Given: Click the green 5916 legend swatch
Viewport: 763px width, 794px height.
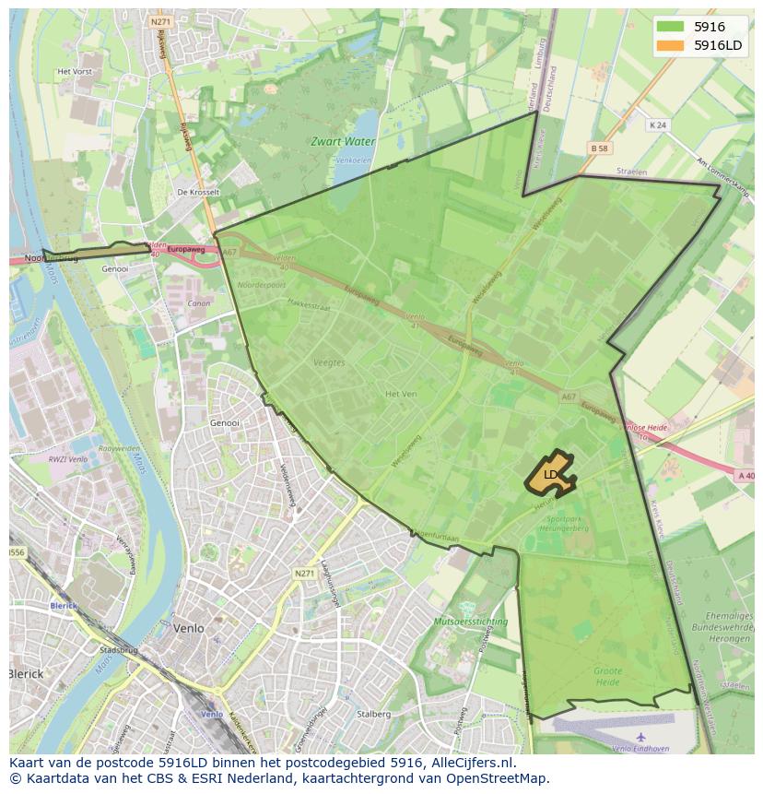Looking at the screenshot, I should tap(670, 27).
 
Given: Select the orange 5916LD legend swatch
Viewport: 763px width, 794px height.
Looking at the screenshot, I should tap(670, 45).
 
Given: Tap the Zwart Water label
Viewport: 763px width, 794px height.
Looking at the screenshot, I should tap(343, 142).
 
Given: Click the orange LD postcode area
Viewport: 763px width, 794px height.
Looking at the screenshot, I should tap(550, 474).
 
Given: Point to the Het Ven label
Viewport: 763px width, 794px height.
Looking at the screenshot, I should tap(401, 394).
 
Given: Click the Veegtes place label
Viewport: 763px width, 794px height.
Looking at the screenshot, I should tap(329, 362).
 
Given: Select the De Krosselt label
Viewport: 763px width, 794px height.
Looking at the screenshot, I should tap(198, 192).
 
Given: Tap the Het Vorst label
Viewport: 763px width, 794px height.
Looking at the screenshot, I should tap(75, 71).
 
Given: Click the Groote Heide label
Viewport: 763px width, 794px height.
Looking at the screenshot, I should tap(607, 676).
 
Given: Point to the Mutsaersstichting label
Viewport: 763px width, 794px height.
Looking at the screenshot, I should tap(471, 622).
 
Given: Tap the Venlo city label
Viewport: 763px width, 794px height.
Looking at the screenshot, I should tap(188, 628).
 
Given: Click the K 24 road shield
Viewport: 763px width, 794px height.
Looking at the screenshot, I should tap(657, 124).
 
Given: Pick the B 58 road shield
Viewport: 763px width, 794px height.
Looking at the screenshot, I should tap(599, 148).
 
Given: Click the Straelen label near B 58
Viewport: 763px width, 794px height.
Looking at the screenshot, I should tap(632, 172).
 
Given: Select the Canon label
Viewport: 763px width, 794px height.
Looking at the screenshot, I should tap(198, 303).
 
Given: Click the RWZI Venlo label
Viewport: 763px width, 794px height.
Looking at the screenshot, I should tap(69, 458).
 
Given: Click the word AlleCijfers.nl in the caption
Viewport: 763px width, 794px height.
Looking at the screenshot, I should tap(472, 763).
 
